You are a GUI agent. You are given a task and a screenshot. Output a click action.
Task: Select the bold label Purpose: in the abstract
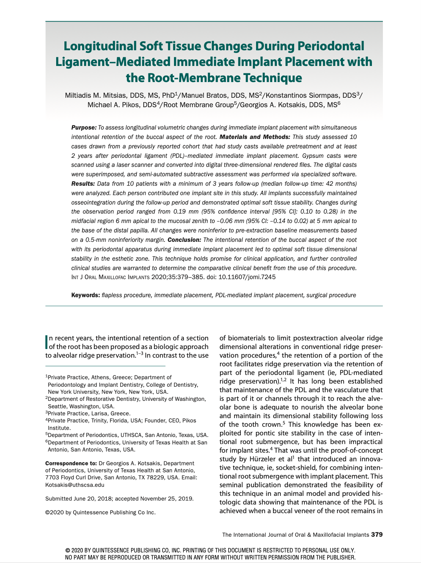84,128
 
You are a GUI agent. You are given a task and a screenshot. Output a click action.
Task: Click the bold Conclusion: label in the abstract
185,240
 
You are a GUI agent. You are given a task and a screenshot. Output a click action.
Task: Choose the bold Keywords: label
85,295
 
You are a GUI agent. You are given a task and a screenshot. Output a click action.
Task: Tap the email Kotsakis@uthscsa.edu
75,484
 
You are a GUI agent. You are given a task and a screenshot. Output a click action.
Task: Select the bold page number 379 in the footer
377,535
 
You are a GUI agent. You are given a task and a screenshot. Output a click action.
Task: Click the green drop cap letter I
47,342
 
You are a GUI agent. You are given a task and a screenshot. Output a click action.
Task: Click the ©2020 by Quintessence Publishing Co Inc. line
101,512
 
